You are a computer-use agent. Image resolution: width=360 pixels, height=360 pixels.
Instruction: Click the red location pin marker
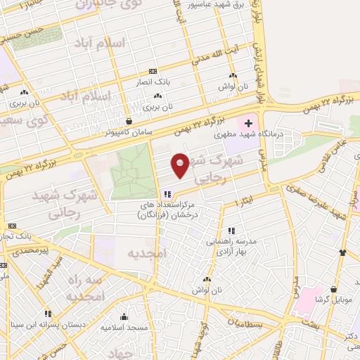[180, 166]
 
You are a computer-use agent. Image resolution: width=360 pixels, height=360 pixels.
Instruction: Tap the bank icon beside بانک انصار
[153, 71]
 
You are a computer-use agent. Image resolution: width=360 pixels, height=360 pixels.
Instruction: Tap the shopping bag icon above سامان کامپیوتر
[127, 121]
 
